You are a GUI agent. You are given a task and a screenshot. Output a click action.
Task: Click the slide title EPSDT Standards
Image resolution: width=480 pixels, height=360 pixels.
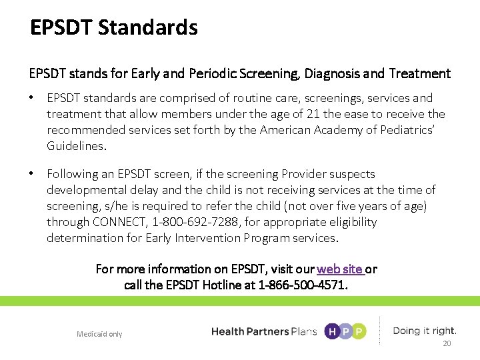[x=114, y=28]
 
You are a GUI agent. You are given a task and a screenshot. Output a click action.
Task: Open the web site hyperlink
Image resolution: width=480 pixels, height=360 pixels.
[x=340, y=269]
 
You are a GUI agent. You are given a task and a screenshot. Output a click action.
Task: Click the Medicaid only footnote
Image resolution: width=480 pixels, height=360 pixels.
[x=99, y=334]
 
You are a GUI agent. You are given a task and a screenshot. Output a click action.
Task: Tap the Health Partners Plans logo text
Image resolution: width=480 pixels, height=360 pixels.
[x=263, y=331]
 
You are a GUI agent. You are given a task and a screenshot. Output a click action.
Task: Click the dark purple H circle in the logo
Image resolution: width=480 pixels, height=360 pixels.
[x=331, y=331]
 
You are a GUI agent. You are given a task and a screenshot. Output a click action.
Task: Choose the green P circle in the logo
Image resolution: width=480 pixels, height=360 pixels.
[x=359, y=331]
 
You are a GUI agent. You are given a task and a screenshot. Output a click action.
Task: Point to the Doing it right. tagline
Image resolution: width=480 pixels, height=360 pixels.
[x=425, y=331]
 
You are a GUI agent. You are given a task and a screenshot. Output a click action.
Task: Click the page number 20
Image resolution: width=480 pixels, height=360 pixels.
[x=447, y=343]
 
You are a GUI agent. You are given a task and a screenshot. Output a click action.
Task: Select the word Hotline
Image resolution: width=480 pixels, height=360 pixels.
[x=233, y=285]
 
